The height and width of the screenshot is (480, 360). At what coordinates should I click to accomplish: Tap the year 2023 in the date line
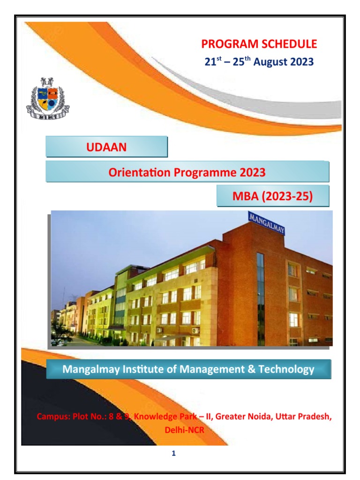(300, 62)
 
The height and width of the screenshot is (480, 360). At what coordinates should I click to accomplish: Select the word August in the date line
(269, 62)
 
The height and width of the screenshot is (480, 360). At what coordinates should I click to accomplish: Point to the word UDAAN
(106, 148)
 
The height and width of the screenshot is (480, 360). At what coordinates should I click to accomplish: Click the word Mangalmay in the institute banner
(89, 369)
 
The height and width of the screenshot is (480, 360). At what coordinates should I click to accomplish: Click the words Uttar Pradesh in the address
(300, 417)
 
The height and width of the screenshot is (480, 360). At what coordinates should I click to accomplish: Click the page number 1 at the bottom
(173, 453)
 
